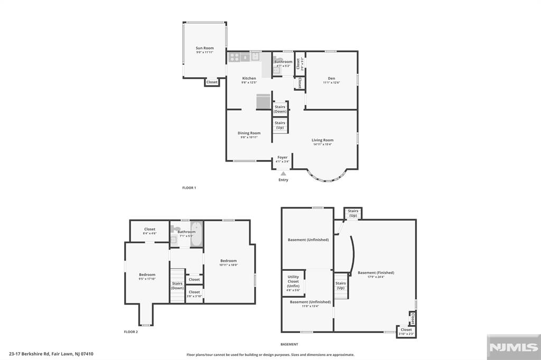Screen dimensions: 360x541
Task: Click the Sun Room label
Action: pos(205,48)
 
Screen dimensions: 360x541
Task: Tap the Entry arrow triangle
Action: pos(284,173)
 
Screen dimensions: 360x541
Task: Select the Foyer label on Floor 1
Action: pos(283,157)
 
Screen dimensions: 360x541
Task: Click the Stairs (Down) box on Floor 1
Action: pos(280,109)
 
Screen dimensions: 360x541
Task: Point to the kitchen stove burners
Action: pos(234,56)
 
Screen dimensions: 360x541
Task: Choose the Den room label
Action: pos(331,79)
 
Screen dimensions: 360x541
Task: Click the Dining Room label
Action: pos(249,133)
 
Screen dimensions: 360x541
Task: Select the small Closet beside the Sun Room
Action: pos(212,82)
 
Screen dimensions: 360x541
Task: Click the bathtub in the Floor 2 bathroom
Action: pos(196,233)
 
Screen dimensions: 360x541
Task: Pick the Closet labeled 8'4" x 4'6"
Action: pos(150,231)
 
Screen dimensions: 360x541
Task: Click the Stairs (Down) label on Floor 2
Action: pos(178,286)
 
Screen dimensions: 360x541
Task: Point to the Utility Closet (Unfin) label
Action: pos(293,281)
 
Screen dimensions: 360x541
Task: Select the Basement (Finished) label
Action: pos(376,273)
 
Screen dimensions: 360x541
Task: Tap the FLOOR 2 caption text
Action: pos(130,332)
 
